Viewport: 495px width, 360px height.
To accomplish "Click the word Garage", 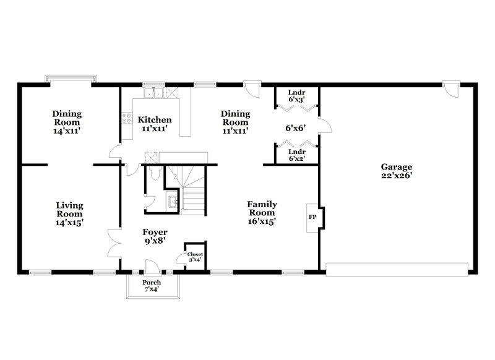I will (x=397, y=167).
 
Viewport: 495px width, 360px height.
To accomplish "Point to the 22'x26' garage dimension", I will (x=397, y=176).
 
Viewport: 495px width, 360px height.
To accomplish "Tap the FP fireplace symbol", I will (x=312, y=218).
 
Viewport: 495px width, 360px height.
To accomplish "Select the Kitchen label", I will (x=154, y=119).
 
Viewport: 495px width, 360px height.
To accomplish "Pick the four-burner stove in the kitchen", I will (x=127, y=118).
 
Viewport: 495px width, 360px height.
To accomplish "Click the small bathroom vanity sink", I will (x=173, y=200).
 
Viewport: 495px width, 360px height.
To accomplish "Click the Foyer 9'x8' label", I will (x=155, y=237).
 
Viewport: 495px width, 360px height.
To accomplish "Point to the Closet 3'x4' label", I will (x=195, y=257).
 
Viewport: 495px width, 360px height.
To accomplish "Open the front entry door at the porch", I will (x=150, y=266).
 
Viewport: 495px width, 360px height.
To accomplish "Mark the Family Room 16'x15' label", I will (x=262, y=212).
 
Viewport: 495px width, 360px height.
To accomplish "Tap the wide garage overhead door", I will (x=397, y=270).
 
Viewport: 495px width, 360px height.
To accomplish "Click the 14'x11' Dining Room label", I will (x=67, y=122).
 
